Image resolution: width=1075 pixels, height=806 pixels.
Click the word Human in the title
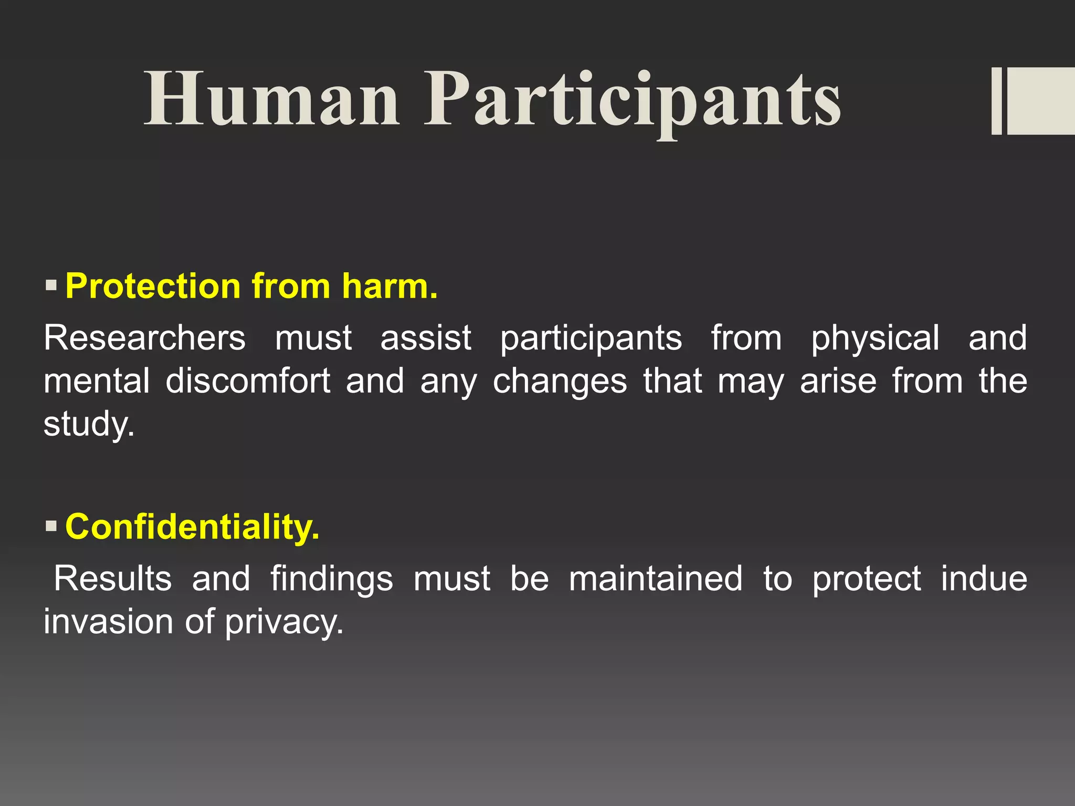[x=271, y=100]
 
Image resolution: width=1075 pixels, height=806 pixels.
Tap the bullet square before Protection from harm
[x=51, y=286]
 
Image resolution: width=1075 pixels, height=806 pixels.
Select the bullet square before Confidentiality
[x=51, y=526]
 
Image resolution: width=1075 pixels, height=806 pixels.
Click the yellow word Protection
[x=153, y=287]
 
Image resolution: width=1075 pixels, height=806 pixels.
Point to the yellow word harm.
[x=389, y=287]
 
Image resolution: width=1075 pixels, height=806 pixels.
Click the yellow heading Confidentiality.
[x=192, y=526]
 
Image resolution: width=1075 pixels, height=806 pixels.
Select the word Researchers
[x=144, y=337]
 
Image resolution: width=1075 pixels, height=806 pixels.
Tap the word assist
[x=426, y=337]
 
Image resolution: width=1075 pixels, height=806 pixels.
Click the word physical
[x=875, y=338]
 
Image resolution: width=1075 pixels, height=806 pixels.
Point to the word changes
[x=560, y=381]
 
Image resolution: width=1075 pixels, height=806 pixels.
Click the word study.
[x=88, y=424]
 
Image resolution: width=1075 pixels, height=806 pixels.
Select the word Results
[x=113, y=578]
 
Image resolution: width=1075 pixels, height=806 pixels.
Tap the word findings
[x=331, y=579]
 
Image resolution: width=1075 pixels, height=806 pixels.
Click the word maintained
[x=656, y=578]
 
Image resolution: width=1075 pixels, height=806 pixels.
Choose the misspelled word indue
[x=984, y=578]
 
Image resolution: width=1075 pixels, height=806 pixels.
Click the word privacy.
[x=284, y=622]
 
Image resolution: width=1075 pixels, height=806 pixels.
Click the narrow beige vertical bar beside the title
[x=996, y=101]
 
